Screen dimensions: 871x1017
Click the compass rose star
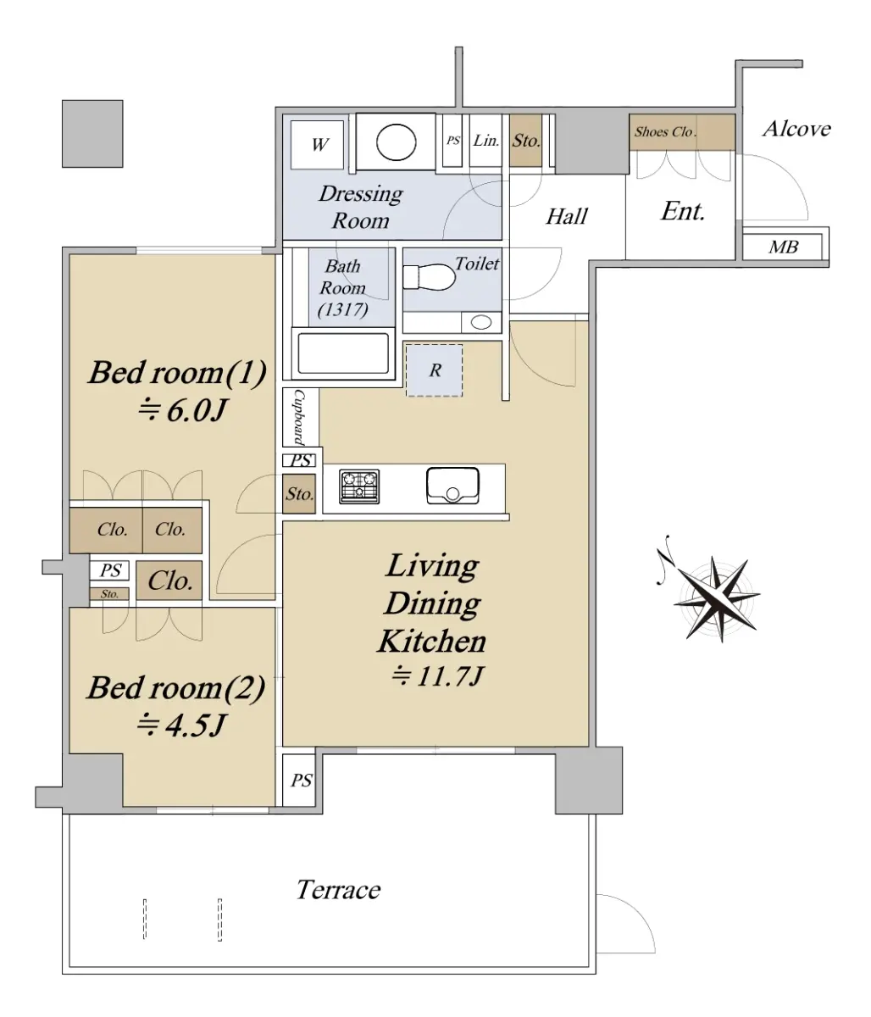(x=717, y=599)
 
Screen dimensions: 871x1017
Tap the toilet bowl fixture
(x=429, y=277)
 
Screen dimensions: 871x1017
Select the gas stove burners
(x=359, y=486)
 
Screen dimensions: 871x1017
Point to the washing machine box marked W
(x=317, y=145)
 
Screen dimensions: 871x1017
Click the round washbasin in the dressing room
(x=396, y=142)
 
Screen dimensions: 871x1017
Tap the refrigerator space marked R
(x=434, y=370)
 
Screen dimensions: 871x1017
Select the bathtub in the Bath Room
(x=343, y=353)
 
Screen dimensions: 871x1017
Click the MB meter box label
(x=784, y=247)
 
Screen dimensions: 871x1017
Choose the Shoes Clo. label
(x=664, y=132)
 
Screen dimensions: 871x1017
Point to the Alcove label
(x=796, y=129)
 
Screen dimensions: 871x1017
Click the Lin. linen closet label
(x=485, y=141)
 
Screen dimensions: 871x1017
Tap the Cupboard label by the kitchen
(x=299, y=417)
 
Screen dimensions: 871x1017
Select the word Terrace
(x=338, y=890)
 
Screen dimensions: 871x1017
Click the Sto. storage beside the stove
(x=299, y=493)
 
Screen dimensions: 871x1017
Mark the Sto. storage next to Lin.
(x=526, y=141)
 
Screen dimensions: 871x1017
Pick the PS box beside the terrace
(x=298, y=780)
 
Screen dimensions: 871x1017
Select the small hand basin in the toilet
(x=481, y=323)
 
